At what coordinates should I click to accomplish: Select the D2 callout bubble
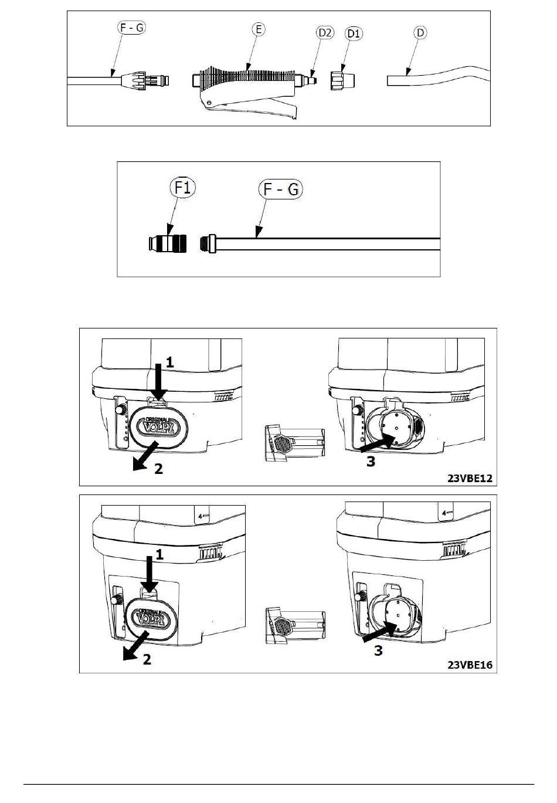325,32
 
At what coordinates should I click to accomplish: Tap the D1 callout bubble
354,33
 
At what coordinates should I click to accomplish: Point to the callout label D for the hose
420,32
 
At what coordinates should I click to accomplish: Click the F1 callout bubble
183,188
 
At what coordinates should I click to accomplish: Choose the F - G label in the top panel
131,27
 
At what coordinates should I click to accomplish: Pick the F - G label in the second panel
280,189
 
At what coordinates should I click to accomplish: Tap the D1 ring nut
342,80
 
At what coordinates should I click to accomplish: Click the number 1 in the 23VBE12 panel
169,362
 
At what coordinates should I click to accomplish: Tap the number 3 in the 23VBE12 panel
371,462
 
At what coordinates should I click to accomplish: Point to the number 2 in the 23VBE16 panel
147,659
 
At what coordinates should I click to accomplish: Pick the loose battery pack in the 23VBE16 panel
295,626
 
